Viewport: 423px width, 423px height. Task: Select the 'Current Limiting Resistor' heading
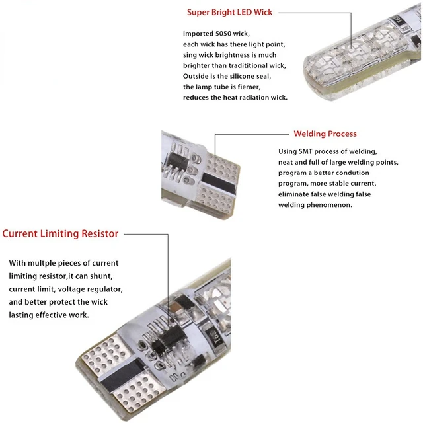(x=60, y=233)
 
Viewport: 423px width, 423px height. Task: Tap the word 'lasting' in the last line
(x=22, y=315)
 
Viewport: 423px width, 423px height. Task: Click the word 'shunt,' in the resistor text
(x=108, y=276)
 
